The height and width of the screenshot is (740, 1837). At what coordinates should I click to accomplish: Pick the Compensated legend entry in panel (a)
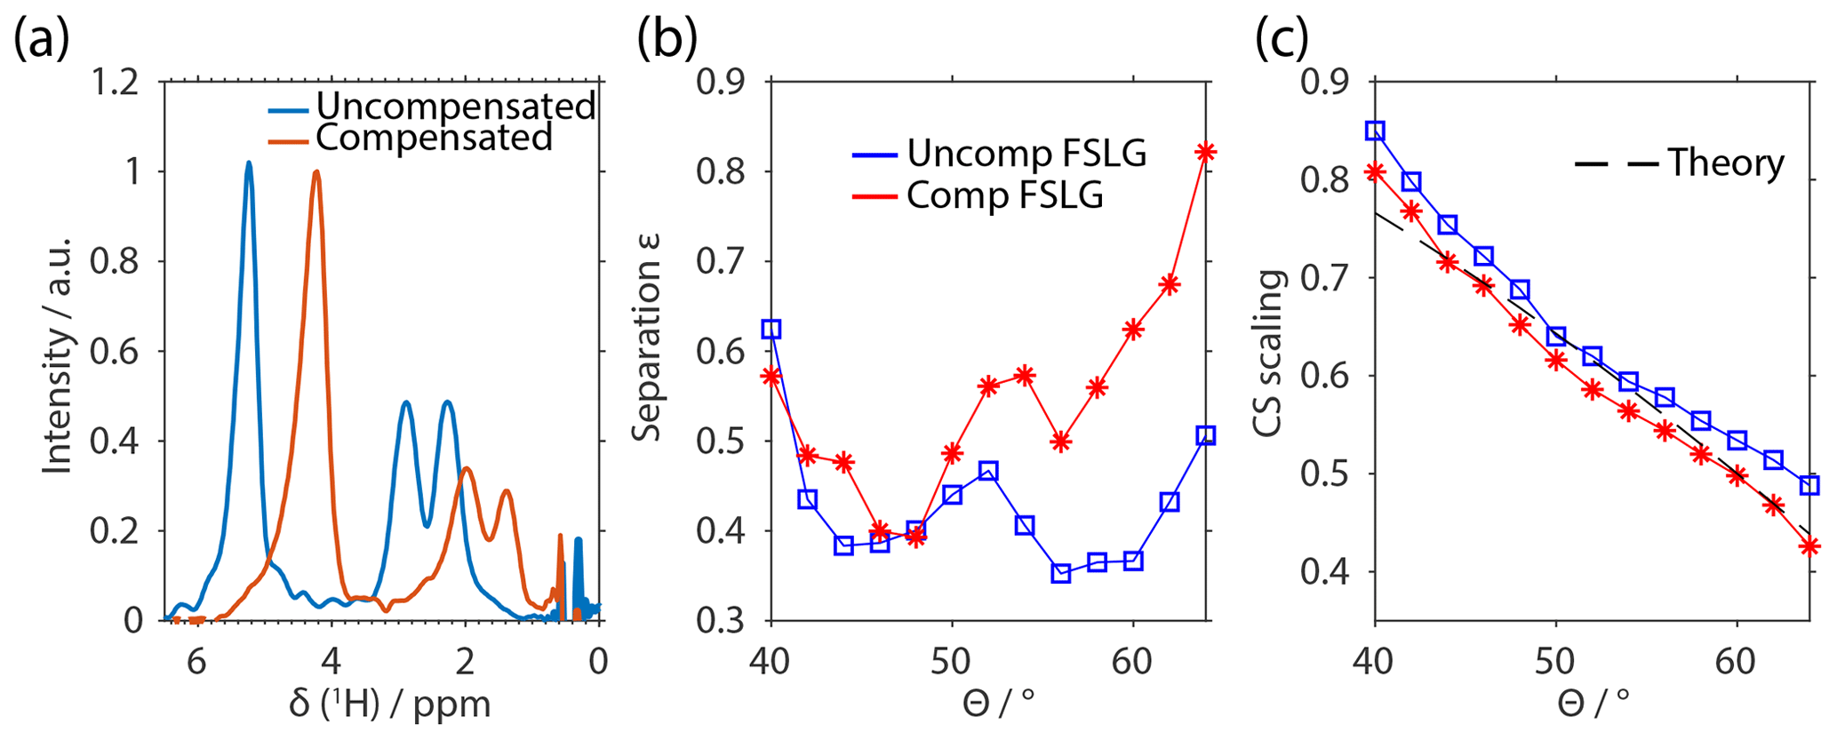(434, 138)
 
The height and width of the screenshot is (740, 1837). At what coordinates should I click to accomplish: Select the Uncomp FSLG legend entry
(1026, 154)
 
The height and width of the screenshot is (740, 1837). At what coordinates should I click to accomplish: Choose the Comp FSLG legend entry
(1004, 195)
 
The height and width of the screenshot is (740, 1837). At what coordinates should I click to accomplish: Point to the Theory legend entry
(1725, 163)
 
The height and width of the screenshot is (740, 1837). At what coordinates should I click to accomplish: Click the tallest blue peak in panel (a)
(249, 163)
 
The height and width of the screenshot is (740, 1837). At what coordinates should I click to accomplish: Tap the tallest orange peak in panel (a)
(315, 172)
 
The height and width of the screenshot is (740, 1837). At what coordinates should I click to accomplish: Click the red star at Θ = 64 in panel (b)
(1205, 152)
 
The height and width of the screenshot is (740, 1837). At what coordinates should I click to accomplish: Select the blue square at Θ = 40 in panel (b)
(771, 329)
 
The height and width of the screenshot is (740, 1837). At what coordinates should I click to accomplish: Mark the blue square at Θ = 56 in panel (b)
(1060, 573)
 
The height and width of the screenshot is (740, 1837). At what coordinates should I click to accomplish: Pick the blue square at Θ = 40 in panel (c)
(1375, 131)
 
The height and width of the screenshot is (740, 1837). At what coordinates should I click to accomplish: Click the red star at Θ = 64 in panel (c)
(1809, 546)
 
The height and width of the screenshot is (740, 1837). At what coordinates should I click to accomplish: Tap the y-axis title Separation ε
(647, 338)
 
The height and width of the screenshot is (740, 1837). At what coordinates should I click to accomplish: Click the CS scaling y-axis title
(1268, 353)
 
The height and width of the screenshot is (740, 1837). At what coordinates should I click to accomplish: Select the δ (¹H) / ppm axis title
(390, 704)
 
